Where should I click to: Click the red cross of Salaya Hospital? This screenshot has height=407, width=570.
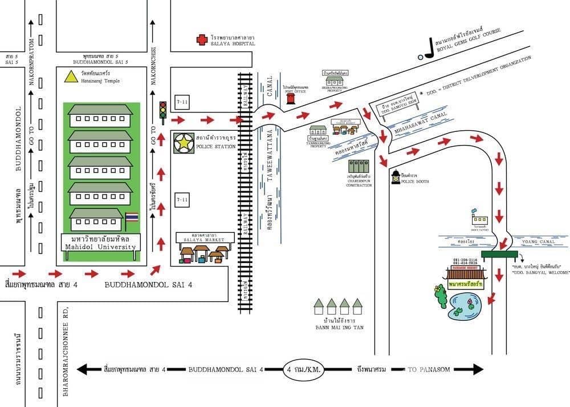tap(201, 39)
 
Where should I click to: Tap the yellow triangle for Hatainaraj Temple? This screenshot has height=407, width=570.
tap(70, 75)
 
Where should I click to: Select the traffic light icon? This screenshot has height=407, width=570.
tap(163, 111)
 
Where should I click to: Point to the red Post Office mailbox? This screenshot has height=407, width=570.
tap(291, 100)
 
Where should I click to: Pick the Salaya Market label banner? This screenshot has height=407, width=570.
tap(205, 237)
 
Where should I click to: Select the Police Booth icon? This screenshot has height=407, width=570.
tap(395, 178)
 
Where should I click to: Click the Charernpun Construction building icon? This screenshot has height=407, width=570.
tap(354, 167)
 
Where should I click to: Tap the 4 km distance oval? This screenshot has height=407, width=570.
tap(304, 369)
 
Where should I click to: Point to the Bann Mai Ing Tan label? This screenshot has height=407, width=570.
tap(339, 327)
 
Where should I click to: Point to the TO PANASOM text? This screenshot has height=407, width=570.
tap(427, 369)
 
